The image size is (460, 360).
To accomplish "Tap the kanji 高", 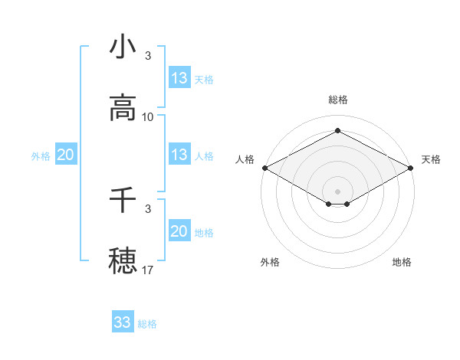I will click(123, 108).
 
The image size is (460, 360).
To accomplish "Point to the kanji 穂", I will click(123, 260).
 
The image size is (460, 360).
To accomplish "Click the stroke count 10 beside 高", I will click(148, 117).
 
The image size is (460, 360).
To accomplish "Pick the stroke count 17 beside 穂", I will click(148, 270).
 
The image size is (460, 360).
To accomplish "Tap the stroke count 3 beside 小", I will click(148, 56).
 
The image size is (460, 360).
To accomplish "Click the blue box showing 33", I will click(123, 322).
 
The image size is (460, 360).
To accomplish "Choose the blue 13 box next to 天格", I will click(179, 78).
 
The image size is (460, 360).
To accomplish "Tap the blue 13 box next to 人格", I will click(179, 155).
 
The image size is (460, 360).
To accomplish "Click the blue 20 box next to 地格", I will click(179, 231).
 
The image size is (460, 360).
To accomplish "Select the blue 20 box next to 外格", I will click(65, 155).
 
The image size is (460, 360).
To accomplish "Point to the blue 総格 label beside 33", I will click(148, 324).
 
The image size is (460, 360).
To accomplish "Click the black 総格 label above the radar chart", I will click(338, 100).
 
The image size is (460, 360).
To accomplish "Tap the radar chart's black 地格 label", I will click(402, 262).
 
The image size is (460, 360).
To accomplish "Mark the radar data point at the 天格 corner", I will click(412, 168).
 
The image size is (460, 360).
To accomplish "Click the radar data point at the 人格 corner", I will click(264, 168).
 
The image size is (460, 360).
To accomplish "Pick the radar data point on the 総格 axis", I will click(338, 131).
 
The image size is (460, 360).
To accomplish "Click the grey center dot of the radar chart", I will click(338, 191).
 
